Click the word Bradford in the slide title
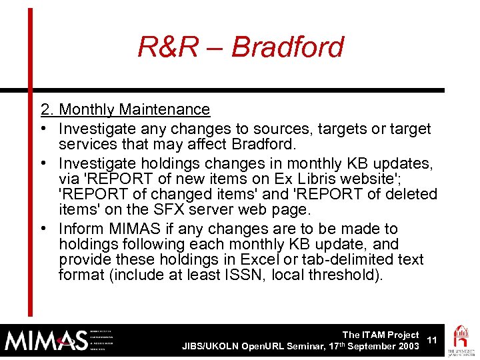pos(288,47)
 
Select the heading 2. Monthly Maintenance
pos(125,109)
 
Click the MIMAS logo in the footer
pos(47,340)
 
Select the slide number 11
pos(432,340)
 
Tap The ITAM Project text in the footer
pos(380,335)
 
